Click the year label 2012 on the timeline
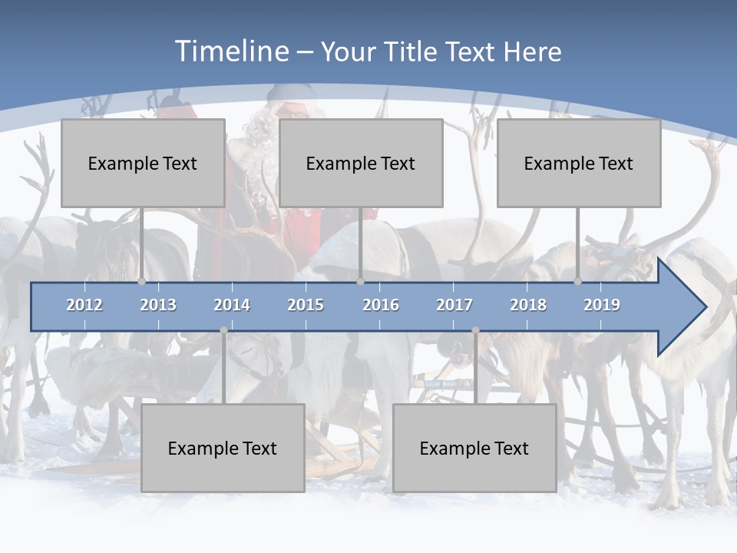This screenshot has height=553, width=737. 84,305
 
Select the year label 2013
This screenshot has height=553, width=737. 158,305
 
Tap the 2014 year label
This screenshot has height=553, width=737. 232,305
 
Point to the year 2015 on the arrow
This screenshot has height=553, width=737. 306,305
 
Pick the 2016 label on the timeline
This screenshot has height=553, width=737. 381,305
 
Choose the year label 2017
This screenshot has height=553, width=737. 454,305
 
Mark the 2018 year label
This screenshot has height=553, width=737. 528,305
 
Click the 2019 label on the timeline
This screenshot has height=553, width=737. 602,305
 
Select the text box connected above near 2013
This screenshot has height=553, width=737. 143,163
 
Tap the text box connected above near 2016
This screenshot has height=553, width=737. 361,163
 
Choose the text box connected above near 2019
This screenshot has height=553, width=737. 579,163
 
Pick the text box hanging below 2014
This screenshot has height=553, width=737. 223,448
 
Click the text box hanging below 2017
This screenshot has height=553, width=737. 474,448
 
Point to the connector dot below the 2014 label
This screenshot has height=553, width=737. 223,330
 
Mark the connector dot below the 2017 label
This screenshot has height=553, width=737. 475,330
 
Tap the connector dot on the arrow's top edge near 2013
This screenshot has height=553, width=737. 142,282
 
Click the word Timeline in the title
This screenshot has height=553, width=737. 231,51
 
